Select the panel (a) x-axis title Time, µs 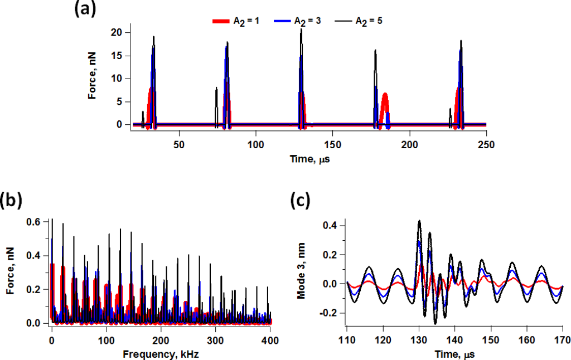click(x=304, y=159)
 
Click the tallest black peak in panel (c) click(x=419, y=221)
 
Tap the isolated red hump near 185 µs click(x=384, y=103)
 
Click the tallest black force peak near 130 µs click(x=301, y=30)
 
